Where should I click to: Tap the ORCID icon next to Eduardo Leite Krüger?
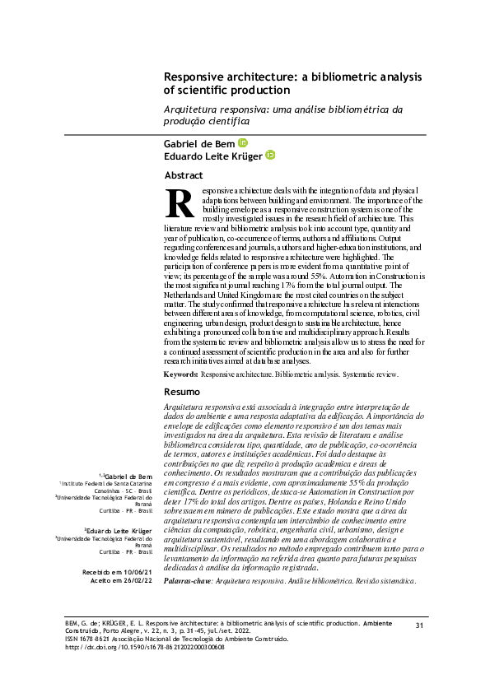coord(269,156)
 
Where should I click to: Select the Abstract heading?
coord(184,175)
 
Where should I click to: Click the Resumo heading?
coord(182,392)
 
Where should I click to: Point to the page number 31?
coord(419,626)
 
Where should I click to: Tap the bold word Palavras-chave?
coord(187,581)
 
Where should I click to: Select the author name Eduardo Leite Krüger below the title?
coord(212,156)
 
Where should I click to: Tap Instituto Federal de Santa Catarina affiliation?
coord(105,484)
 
